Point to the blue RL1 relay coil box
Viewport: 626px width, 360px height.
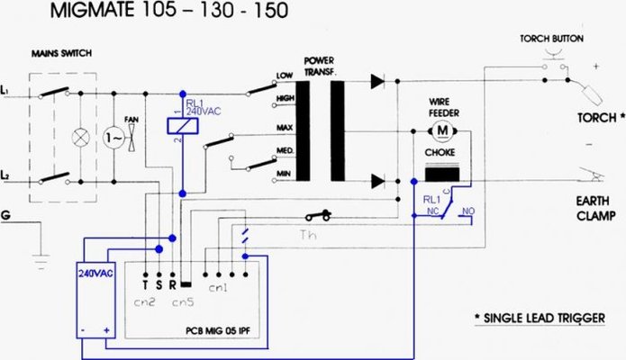[x=184, y=127]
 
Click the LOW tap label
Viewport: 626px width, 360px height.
[x=284, y=75]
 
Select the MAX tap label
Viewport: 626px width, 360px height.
[x=284, y=129]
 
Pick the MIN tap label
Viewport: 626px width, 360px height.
[x=284, y=173]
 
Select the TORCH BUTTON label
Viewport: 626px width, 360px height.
[x=552, y=40]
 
